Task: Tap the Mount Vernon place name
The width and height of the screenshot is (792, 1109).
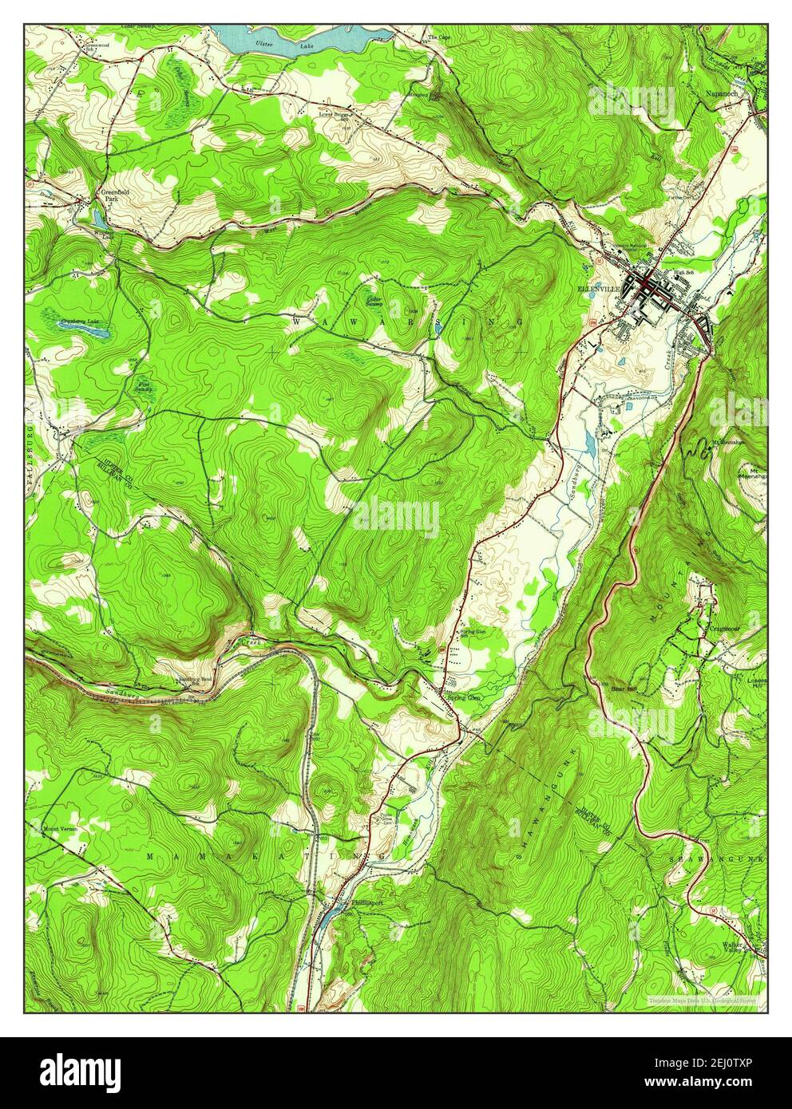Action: (x=61, y=828)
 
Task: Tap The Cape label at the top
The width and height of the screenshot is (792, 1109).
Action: (x=440, y=37)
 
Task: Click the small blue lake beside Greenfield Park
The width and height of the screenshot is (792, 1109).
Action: (x=97, y=217)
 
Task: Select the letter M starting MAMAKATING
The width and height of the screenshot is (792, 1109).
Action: (x=149, y=855)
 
